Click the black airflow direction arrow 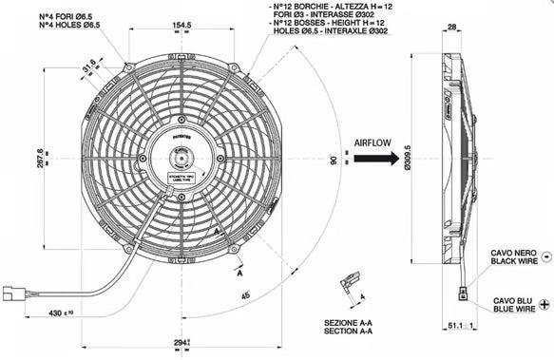pyautogui.click(x=373, y=161)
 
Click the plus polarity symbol pyautogui.click(x=544, y=304)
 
